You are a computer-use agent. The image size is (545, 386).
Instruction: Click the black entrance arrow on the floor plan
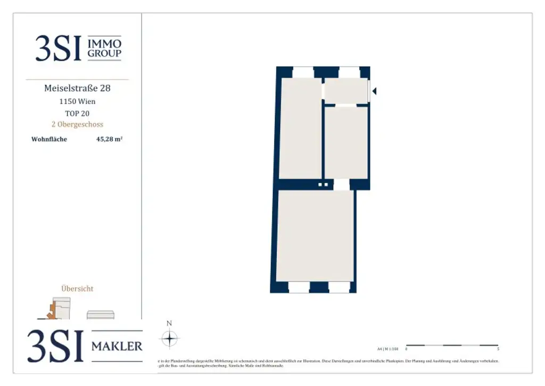[x=374, y=91]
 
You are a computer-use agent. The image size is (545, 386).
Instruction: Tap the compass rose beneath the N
[x=169, y=339]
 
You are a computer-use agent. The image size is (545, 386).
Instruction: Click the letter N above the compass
[x=169, y=323]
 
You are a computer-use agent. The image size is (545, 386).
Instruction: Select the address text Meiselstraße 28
[x=77, y=88]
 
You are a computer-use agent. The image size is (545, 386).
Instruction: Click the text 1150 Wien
[x=77, y=101]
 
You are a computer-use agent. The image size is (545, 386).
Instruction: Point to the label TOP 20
[x=77, y=113]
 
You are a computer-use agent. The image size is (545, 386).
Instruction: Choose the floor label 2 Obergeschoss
[x=77, y=124]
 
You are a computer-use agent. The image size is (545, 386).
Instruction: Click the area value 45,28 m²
[x=110, y=140]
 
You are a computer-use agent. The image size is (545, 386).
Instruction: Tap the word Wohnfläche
[x=49, y=140]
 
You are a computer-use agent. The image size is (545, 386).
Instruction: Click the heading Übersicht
[x=77, y=288]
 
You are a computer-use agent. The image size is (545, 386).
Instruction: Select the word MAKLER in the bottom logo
[x=117, y=347]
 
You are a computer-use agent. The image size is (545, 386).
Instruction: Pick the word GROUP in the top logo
[x=104, y=53]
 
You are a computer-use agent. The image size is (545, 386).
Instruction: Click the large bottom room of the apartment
[x=315, y=236]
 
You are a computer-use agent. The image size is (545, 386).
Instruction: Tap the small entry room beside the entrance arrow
[x=346, y=91]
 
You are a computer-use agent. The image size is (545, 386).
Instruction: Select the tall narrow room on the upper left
[x=300, y=128]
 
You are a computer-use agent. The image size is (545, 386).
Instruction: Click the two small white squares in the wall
[x=323, y=184]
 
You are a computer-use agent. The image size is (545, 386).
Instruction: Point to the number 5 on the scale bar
[x=498, y=350]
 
